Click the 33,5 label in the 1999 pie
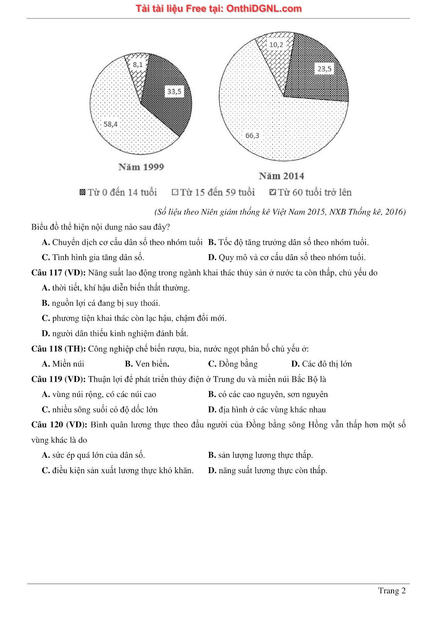tap(174, 92)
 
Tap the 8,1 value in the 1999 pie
tap(138, 65)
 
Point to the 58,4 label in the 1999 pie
tap(110, 124)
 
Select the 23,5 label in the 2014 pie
tap(324, 69)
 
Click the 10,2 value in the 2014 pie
tap(276, 45)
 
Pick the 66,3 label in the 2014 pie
tap(252, 135)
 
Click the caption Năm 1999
tap(141, 167)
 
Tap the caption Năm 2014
tap(281, 176)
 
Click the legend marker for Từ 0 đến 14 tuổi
tap(82, 192)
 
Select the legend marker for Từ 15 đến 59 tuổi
tap(175, 192)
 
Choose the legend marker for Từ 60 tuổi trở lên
tap(273, 192)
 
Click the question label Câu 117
tap(47, 273)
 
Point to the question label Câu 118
tap(47, 349)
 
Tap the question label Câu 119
tap(47, 379)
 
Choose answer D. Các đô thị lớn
tap(322, 364)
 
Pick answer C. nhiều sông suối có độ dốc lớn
tap(100, 409)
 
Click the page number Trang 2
tap(392, 591)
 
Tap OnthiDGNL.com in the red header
tap(264, 8)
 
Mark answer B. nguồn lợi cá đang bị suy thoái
tap(101, 303)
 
